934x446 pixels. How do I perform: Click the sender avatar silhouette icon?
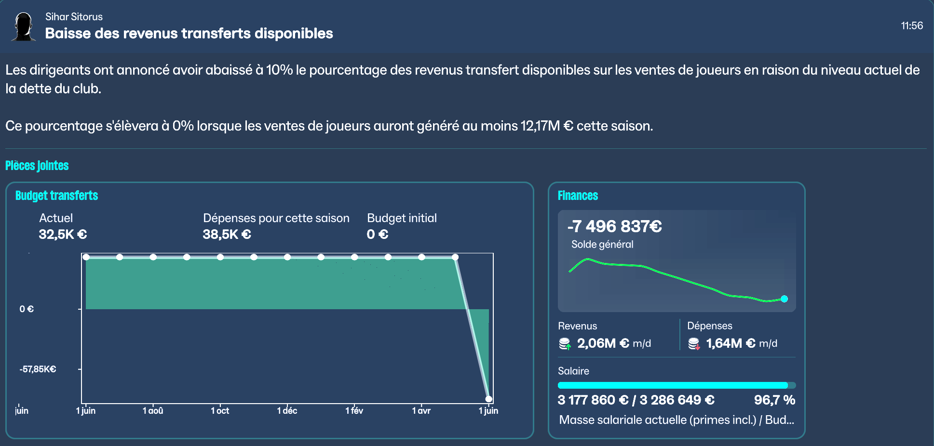(23, 27)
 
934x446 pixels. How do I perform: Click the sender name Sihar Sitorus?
(74, 17)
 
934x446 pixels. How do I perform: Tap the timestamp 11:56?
(911, 26)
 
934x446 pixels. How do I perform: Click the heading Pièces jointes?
(37, 166)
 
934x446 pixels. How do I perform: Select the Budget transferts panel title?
(56, 196)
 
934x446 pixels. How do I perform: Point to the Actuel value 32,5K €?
(63, 235)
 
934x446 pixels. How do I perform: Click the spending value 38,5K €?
(227, 235)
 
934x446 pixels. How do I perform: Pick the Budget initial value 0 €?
(377, 235)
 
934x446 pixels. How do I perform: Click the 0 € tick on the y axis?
(27, 309)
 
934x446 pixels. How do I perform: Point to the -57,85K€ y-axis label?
(38, 369)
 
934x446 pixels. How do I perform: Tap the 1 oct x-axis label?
(220, 411)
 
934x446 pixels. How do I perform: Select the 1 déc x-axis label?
(287, 411)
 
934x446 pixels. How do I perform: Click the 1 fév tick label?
(354, 411)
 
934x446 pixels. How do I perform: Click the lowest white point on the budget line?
(488, 399)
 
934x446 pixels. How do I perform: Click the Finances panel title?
(578, 196)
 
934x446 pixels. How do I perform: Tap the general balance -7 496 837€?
(614, 226)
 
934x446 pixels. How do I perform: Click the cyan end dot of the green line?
(784, 299)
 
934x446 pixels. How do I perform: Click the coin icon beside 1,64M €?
(694, 344)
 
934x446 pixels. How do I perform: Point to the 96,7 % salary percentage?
(774, 400)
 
